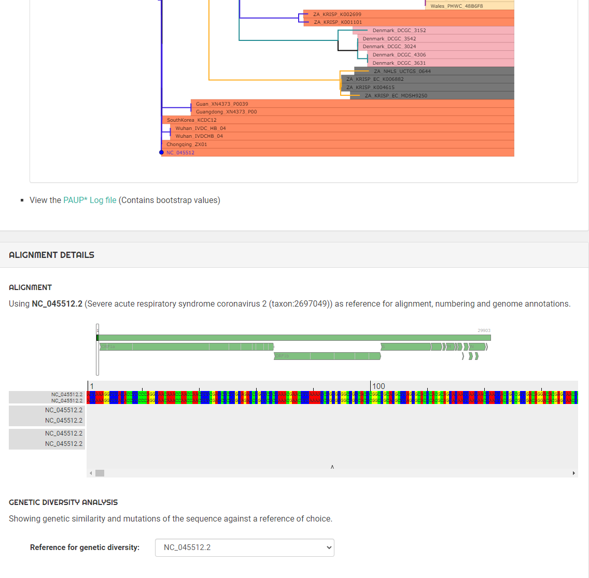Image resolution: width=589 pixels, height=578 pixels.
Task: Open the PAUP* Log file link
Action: coord(90,200)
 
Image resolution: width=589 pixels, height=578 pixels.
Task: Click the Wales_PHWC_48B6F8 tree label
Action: coord(456,6)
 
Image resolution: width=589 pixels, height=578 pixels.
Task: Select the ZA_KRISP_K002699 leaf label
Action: coord(337,15)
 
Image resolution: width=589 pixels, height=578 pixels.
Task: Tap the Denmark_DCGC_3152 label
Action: coord(399,31)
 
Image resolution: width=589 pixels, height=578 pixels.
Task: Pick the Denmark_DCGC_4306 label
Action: coord(399,55)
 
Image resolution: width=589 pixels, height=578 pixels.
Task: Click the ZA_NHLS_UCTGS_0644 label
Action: coord(402,71)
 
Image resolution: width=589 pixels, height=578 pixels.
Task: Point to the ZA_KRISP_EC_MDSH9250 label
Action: coord(396,96)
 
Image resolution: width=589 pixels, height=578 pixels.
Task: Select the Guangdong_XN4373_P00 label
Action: coord(226,112)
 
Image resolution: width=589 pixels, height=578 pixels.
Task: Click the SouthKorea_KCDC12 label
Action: coord(191,120)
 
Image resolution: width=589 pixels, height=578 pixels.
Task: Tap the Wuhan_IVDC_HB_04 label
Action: coord(200,128)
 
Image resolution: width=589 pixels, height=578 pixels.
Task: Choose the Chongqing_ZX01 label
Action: coord(187,144)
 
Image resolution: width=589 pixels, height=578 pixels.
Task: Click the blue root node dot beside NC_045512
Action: coord(162,152)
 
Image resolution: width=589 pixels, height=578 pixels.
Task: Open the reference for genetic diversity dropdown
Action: coord(244,547)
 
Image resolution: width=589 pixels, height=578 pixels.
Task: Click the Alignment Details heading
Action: coord(52,255)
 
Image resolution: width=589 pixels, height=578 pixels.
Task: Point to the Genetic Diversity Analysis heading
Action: coord(63,502)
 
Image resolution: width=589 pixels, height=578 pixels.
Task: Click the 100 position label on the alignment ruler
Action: coord(378,386)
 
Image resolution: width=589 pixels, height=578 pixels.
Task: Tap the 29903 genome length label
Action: coord(484,330)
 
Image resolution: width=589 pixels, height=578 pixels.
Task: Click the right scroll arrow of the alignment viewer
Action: coord(573,473)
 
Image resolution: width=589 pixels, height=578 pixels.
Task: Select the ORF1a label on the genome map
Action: coord(108,346)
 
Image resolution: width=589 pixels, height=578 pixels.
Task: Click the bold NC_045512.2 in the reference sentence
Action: coord(57,304)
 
